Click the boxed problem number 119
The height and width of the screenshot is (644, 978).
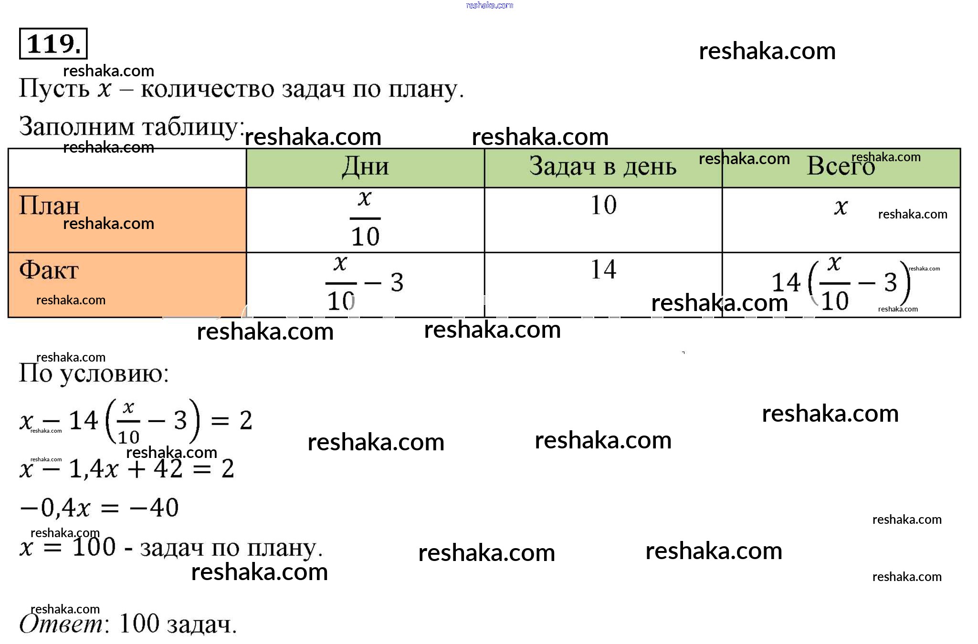[53, 44]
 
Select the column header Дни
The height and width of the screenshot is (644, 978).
[365, 167]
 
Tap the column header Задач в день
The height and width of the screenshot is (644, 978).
[603, 167]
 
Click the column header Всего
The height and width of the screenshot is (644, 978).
[841, 167]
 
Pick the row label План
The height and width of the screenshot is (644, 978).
[49, 206]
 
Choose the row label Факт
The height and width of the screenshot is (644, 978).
[49, 270]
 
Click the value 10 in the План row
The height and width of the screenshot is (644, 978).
[603, 205]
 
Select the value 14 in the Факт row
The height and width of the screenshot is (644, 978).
[603, 270]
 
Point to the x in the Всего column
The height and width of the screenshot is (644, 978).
[841, 207]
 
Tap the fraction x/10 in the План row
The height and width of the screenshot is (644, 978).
[365, 218]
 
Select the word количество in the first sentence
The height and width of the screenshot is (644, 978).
[207, 89]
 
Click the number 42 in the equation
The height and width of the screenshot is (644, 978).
[168, 469]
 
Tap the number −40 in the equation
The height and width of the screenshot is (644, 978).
[154, 508]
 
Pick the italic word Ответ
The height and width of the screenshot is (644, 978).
[62, 624]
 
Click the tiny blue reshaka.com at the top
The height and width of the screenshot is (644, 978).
[489, 5]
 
